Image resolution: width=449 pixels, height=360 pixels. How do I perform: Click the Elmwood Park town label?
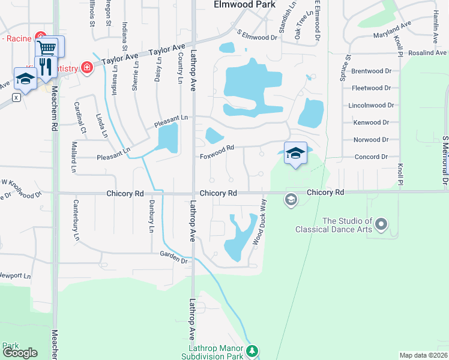click(244, 4)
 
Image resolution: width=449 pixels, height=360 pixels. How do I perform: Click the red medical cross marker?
click(87, 67)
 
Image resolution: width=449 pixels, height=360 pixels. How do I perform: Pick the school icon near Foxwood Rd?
click(295, 153)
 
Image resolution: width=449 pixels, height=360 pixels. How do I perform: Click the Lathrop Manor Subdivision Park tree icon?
click(253, 350)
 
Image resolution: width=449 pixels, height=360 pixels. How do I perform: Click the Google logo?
click(20, 353)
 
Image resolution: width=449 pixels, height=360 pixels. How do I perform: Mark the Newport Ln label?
click(14, 275)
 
